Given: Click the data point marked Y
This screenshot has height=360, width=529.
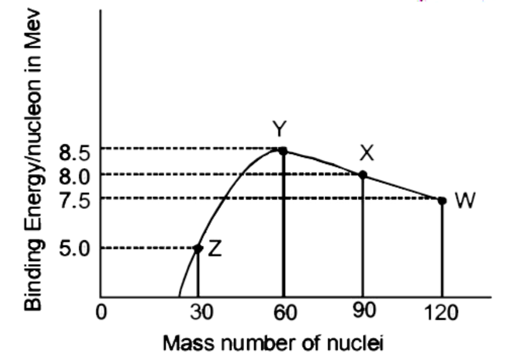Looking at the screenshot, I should click(283, 151).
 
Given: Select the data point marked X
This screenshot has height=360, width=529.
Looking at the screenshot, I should click(363, 175).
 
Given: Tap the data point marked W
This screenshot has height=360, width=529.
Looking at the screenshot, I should click(442, 201).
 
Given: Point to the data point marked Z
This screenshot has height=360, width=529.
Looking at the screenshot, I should click(198, 249).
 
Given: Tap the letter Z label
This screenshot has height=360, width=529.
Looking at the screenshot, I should click(215, 249).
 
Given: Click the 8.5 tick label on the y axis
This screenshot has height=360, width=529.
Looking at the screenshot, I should click(74, 153).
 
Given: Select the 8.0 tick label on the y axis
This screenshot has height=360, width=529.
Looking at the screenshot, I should click(74, 176).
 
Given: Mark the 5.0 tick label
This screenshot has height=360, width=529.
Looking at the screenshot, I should click(74, 249).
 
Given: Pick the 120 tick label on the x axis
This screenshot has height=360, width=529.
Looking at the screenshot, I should click(442, 313).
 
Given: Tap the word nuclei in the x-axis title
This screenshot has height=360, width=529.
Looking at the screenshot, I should click(355, 342).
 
